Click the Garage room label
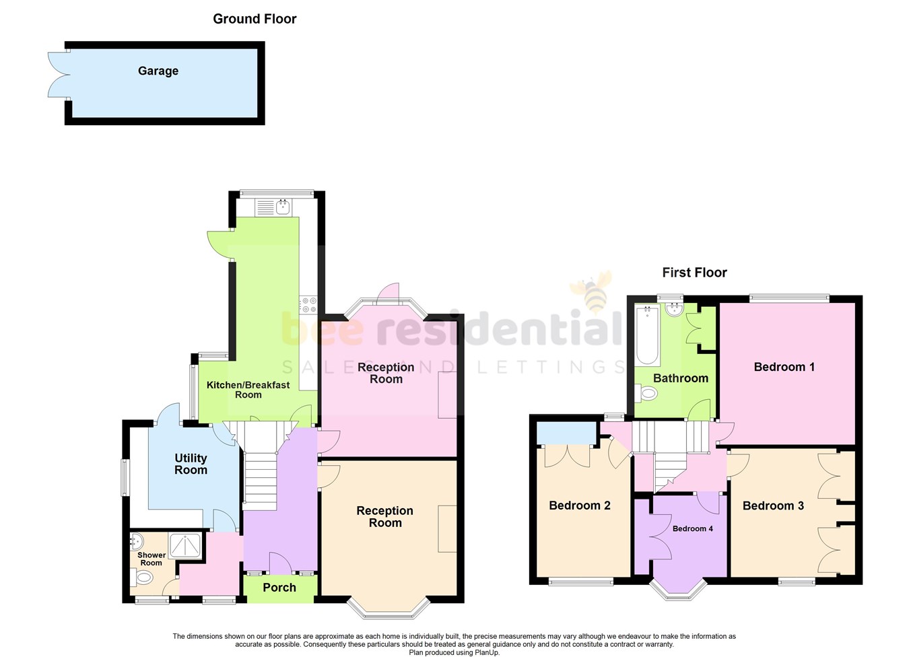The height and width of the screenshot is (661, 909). pyautogui.click(x=158, y=71)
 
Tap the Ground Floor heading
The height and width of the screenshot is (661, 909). pyautogui.click(x=255, y=19)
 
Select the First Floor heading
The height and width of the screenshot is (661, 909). pyautogui.click(x=694, y=273)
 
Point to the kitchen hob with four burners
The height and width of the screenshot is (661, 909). pyautogui.click(x=308, y=305)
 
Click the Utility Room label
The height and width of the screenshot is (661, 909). pyautogui.click(x=191, y=464)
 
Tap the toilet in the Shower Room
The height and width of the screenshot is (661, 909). pyautogui.click(x=143, y=577)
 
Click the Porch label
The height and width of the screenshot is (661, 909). pyautogui.click(x=279, y=588)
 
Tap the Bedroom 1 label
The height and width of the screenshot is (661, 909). pyautogui.click(x=784, y=367)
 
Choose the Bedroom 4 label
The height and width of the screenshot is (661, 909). pyautogui.click(x=692, y=528)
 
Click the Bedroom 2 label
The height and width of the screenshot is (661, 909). pyautogui.click(x=579, y=506)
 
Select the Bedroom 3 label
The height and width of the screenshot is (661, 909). pyautogui.click(x=773, y=506)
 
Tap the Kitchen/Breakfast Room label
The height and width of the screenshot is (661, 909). pyautogui.click(x=248, y=390)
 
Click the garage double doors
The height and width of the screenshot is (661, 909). pyautogui.click(x=57, y=74)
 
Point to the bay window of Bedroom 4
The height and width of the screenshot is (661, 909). pyautogui.click(x=678, y=591)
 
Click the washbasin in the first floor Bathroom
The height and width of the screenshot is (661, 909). pyautogui.click(x=673, y=310)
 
